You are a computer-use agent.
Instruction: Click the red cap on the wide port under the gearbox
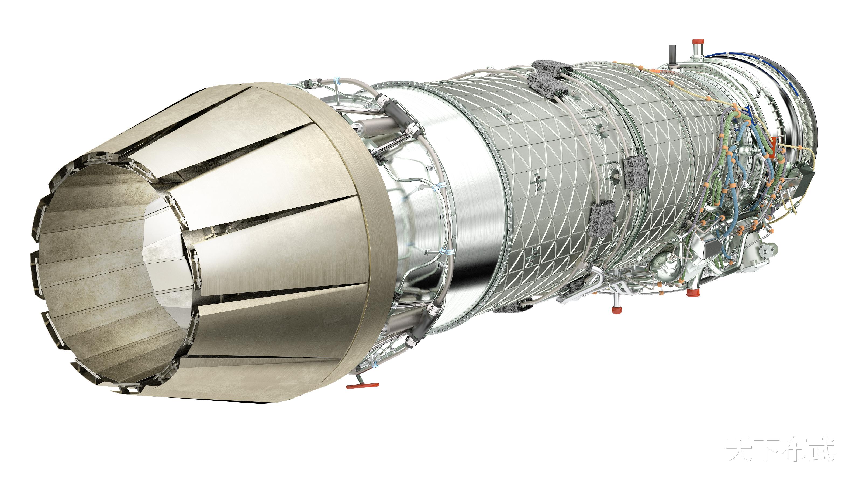pyautogui.click(x=693, y=292)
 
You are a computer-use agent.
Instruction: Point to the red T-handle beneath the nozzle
pyautogui.click(x=362, y=385)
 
